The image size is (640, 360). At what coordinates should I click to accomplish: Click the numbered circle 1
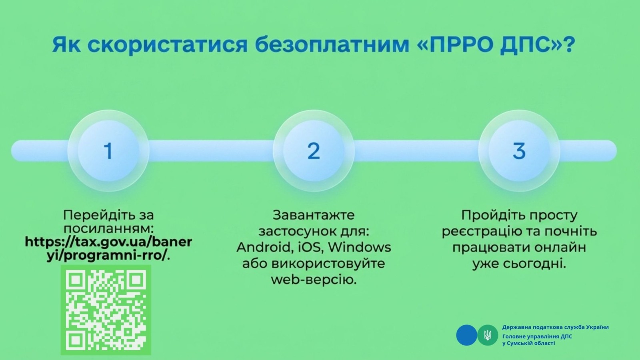point(108,150)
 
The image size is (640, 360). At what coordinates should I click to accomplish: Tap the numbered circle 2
point(314,150)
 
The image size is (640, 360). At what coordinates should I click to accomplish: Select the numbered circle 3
point(519,150)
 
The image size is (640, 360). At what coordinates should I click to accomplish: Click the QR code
point(106,310)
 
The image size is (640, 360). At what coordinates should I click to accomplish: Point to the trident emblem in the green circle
point(488,335)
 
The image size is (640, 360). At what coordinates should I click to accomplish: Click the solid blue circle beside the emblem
point(466,335)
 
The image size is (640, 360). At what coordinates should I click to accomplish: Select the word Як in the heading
point(66,44)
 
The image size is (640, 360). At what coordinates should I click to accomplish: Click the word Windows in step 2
point(360,248)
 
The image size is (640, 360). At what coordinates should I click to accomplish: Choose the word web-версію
point(314,280)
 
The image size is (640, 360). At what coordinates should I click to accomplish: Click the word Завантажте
point(314,216)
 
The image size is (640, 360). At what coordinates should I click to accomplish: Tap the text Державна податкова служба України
point(556,327)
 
